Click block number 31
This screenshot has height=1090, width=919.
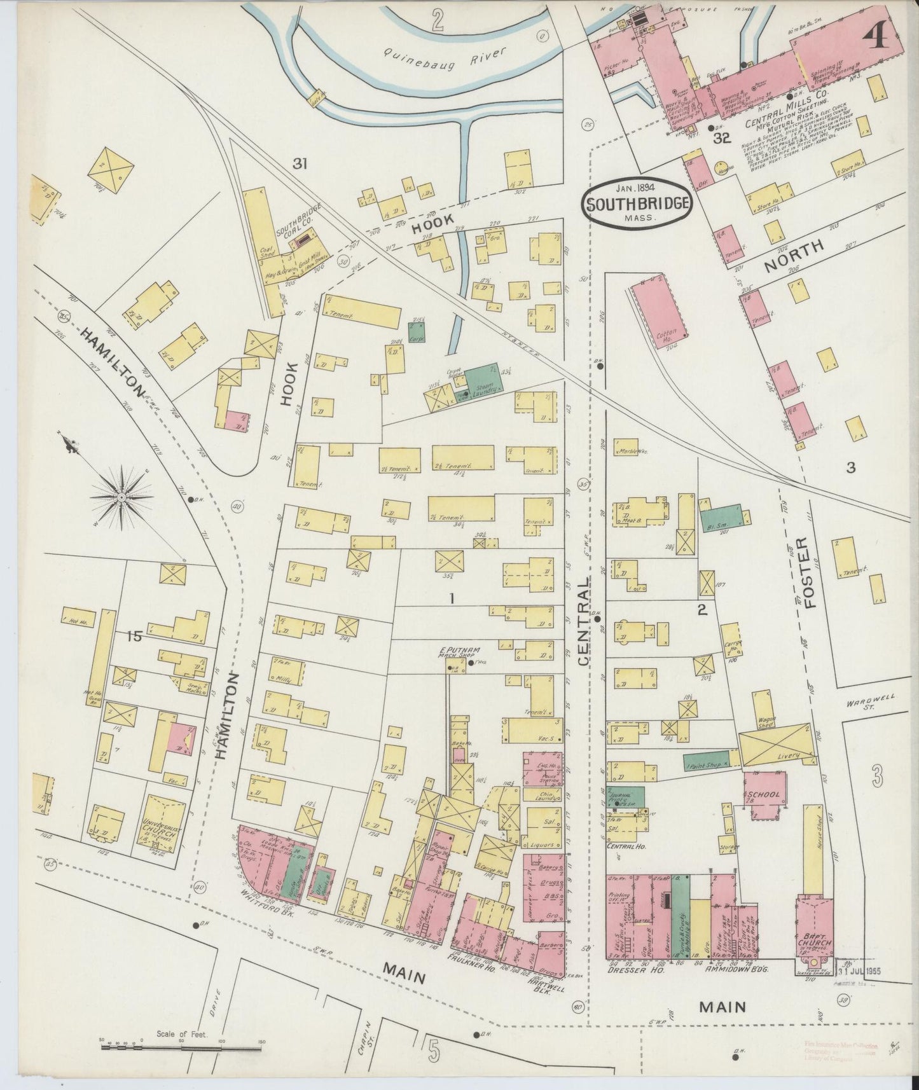coord(300,164)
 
